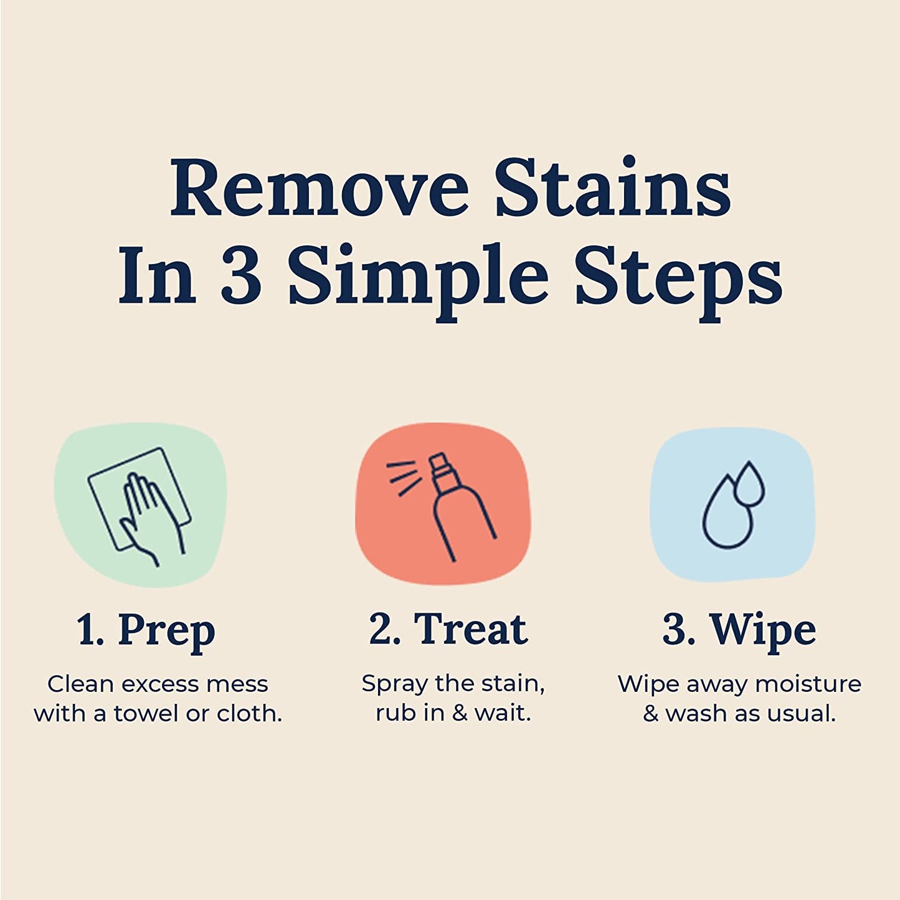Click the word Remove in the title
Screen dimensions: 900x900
point(319,189)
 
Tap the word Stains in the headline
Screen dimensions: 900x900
point(612,189)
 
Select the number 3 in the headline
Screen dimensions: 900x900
point(241,276)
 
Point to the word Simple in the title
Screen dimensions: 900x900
point(418,278)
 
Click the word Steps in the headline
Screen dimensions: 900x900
point(678,278)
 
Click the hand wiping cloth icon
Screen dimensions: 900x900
point(140,503)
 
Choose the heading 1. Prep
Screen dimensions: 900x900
point(146,630)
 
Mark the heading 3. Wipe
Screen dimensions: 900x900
point(739,630)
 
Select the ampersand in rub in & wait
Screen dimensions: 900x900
point(460,714)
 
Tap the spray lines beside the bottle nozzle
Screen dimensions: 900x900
point(401,477)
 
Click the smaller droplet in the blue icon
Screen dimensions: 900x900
point(749,483)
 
